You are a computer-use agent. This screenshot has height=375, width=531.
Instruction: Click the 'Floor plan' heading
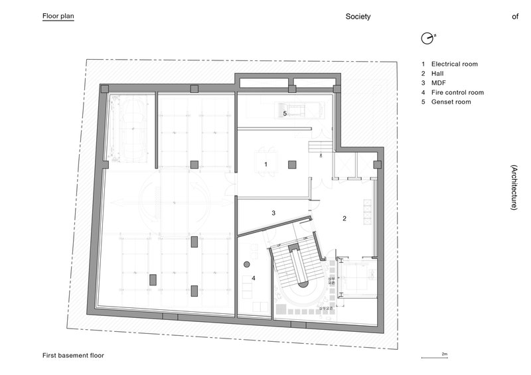[58, 17]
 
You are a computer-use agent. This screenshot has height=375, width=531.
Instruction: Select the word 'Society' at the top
[358, 17]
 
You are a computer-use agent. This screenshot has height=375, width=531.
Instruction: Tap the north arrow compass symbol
[427, 38]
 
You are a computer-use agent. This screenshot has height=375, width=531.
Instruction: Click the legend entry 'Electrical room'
[454, 64]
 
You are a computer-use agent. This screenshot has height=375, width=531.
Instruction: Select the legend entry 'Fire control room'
[457, 93]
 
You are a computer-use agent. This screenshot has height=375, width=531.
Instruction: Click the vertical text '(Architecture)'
[514, 187]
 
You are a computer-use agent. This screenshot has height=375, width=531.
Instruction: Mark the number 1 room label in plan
[265, 163]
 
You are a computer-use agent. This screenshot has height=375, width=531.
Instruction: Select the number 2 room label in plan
[344, 218]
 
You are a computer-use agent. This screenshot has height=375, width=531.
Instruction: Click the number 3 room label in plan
[273, 213]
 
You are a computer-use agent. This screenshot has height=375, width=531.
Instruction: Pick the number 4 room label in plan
[253, 278]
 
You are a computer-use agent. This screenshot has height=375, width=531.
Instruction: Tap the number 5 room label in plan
[285, 113]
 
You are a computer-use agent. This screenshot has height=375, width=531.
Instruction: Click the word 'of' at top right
[514, 17]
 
